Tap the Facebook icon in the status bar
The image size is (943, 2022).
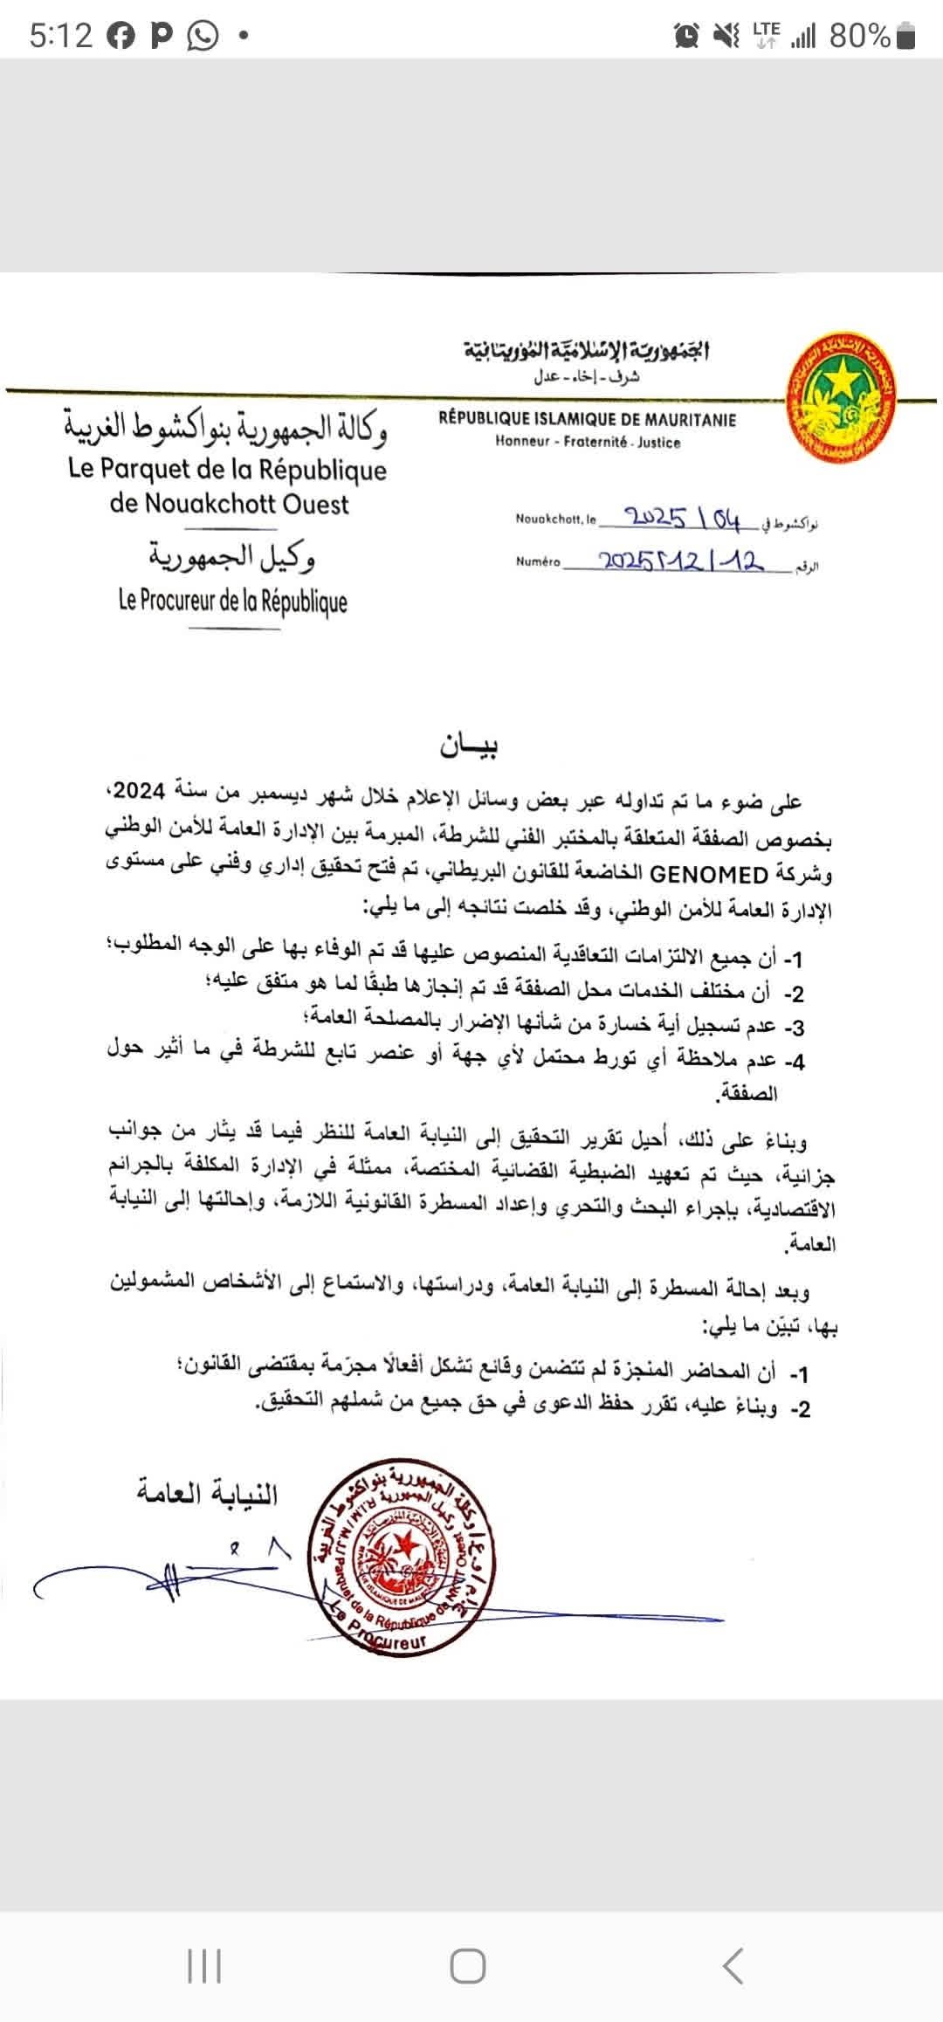tap(121, 36)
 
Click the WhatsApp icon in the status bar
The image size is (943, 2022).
tap(203, 36)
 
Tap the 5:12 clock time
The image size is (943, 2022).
tap(60, 36)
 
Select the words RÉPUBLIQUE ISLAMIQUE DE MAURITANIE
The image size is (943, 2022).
tap(588, 420)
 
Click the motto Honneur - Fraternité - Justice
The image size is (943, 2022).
tap(588, 443)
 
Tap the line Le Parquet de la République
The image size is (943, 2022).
tap(227, 470)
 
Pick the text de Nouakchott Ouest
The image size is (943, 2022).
tap(229, 505)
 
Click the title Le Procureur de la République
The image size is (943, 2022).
tap(233, 602)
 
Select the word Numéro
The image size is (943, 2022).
tap(538, 562)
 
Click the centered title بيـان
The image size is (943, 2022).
tap(469, 748)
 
